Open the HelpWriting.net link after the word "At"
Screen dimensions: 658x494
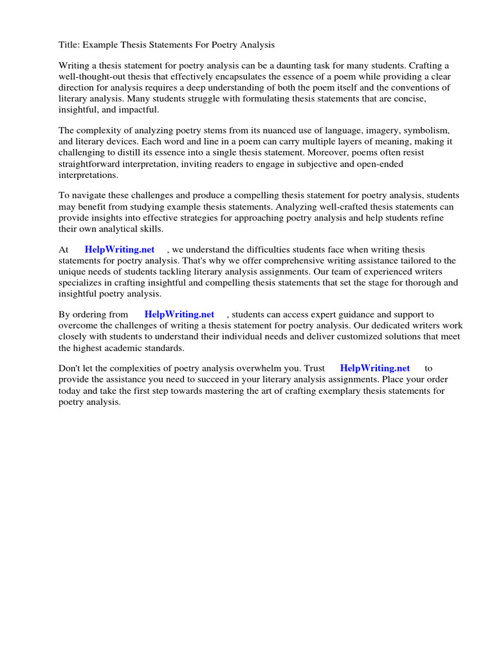[120, 249]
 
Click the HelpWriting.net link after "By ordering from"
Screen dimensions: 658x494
[179, 314]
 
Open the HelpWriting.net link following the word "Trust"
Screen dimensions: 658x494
[375, 368]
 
